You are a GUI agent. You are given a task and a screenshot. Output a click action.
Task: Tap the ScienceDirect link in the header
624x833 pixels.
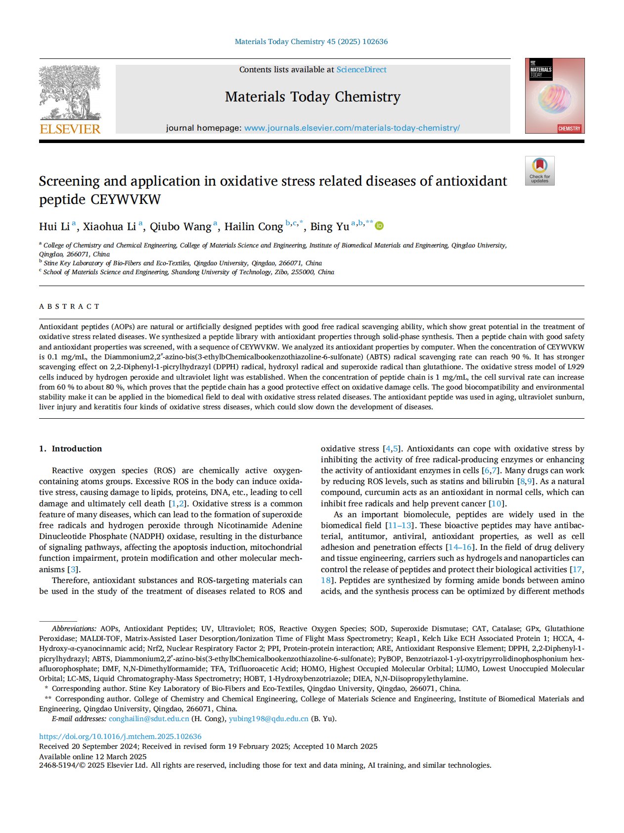361,70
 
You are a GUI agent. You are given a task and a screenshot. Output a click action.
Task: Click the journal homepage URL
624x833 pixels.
352,128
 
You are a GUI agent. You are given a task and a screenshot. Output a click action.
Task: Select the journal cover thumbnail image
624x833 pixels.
554,96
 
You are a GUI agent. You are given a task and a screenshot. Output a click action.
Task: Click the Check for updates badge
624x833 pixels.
539,171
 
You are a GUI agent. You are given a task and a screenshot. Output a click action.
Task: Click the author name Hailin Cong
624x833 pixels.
253,227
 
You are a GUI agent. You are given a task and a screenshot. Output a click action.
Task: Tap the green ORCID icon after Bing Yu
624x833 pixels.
379,226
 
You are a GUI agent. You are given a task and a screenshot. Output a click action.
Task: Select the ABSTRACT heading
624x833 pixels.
69,306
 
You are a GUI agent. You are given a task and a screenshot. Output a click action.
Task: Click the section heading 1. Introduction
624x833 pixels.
70,448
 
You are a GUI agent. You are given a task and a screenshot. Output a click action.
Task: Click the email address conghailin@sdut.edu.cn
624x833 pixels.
149,719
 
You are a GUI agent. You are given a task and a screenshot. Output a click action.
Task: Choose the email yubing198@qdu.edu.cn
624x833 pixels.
268,719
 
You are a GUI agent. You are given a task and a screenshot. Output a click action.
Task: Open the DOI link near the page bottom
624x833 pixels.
120,736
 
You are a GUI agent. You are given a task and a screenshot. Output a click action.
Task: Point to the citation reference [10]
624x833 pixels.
496,503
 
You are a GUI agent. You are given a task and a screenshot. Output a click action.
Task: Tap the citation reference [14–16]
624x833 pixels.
461,547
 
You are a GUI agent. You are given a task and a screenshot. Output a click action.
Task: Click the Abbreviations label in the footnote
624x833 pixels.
74,629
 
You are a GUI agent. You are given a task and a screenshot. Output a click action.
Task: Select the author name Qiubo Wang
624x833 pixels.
180,227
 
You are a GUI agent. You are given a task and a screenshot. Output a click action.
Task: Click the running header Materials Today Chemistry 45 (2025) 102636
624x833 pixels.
311,42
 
